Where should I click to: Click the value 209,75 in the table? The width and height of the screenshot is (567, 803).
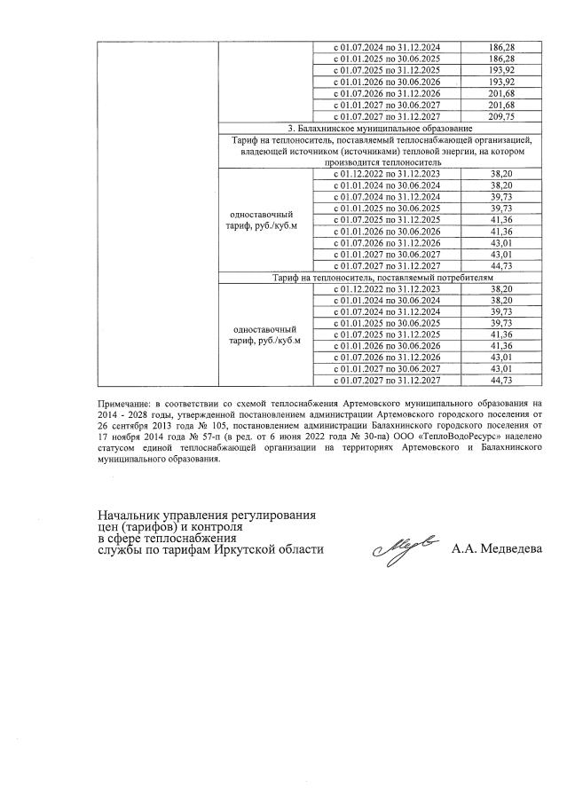tap(502, 116)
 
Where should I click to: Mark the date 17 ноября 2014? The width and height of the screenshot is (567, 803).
tap(130, 438)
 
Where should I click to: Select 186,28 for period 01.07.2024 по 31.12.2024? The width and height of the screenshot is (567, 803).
tap(502, 46)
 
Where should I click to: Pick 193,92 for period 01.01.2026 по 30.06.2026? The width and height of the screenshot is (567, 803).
tap(502, 82)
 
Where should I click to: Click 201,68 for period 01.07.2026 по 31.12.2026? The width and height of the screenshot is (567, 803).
tap(502, 93)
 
